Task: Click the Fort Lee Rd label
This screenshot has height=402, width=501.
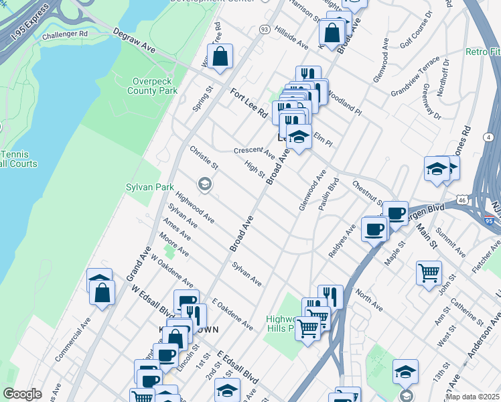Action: (x=249, y=104)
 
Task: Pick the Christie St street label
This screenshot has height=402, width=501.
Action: (x=204, y=157)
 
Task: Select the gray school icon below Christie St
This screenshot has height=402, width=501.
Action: (x=204, y=184)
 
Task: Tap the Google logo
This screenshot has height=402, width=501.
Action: (x=22, y=394)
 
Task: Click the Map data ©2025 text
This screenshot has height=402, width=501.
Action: (x=472, y=397)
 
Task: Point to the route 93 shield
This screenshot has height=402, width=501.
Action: (x=264, y=29)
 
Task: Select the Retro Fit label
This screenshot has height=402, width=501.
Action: (x=483, y=52)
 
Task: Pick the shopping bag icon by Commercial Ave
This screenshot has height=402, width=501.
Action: (x=102, y=292)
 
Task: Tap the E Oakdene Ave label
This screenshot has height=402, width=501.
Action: (x=232, y=314)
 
